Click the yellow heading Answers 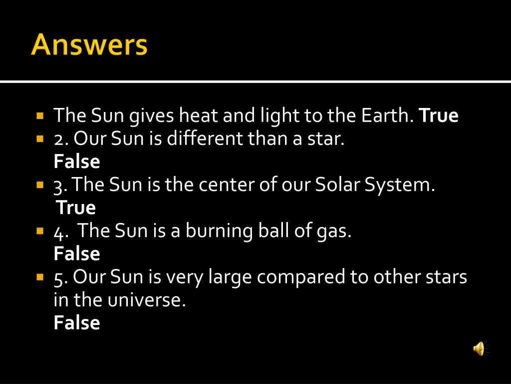[x=89, y=44]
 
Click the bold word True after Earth [x=439, y=115]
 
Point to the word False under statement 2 [x=77, y=161]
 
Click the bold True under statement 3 [x=76, y=207]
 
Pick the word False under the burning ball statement [x=77, y=253]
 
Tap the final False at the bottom [x=77, y=322]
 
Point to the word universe [x=146, y=300]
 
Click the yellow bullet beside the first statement [x=40, y=115]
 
